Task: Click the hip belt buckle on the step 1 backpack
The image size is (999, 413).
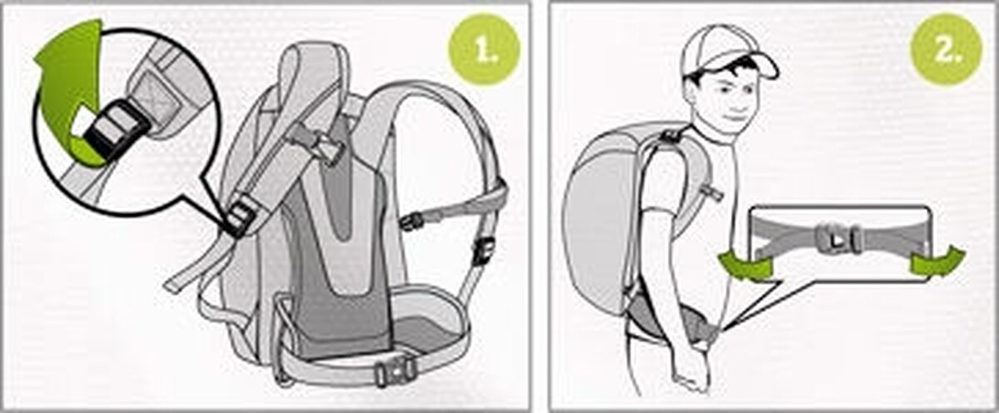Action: click(395, 370)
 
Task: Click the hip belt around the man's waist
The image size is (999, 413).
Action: click(669, 321)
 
